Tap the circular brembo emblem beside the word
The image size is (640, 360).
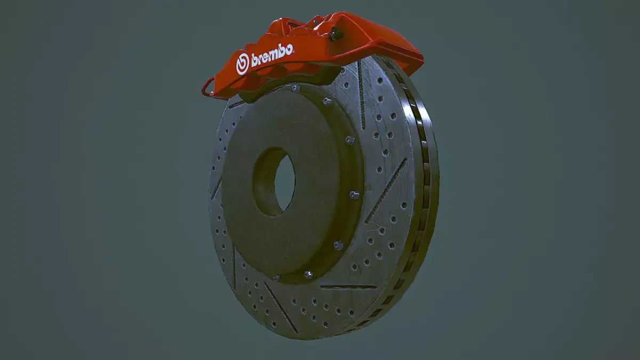click(243, 64)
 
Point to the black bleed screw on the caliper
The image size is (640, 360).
click(336, 35)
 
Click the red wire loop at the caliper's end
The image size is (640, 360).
click(207, 87)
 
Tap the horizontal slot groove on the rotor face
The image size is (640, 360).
click(348, 287)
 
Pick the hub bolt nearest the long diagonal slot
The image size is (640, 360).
click(354, 195)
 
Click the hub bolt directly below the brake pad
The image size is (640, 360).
click(295, 89)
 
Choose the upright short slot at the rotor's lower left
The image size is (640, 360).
click(234, 267)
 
